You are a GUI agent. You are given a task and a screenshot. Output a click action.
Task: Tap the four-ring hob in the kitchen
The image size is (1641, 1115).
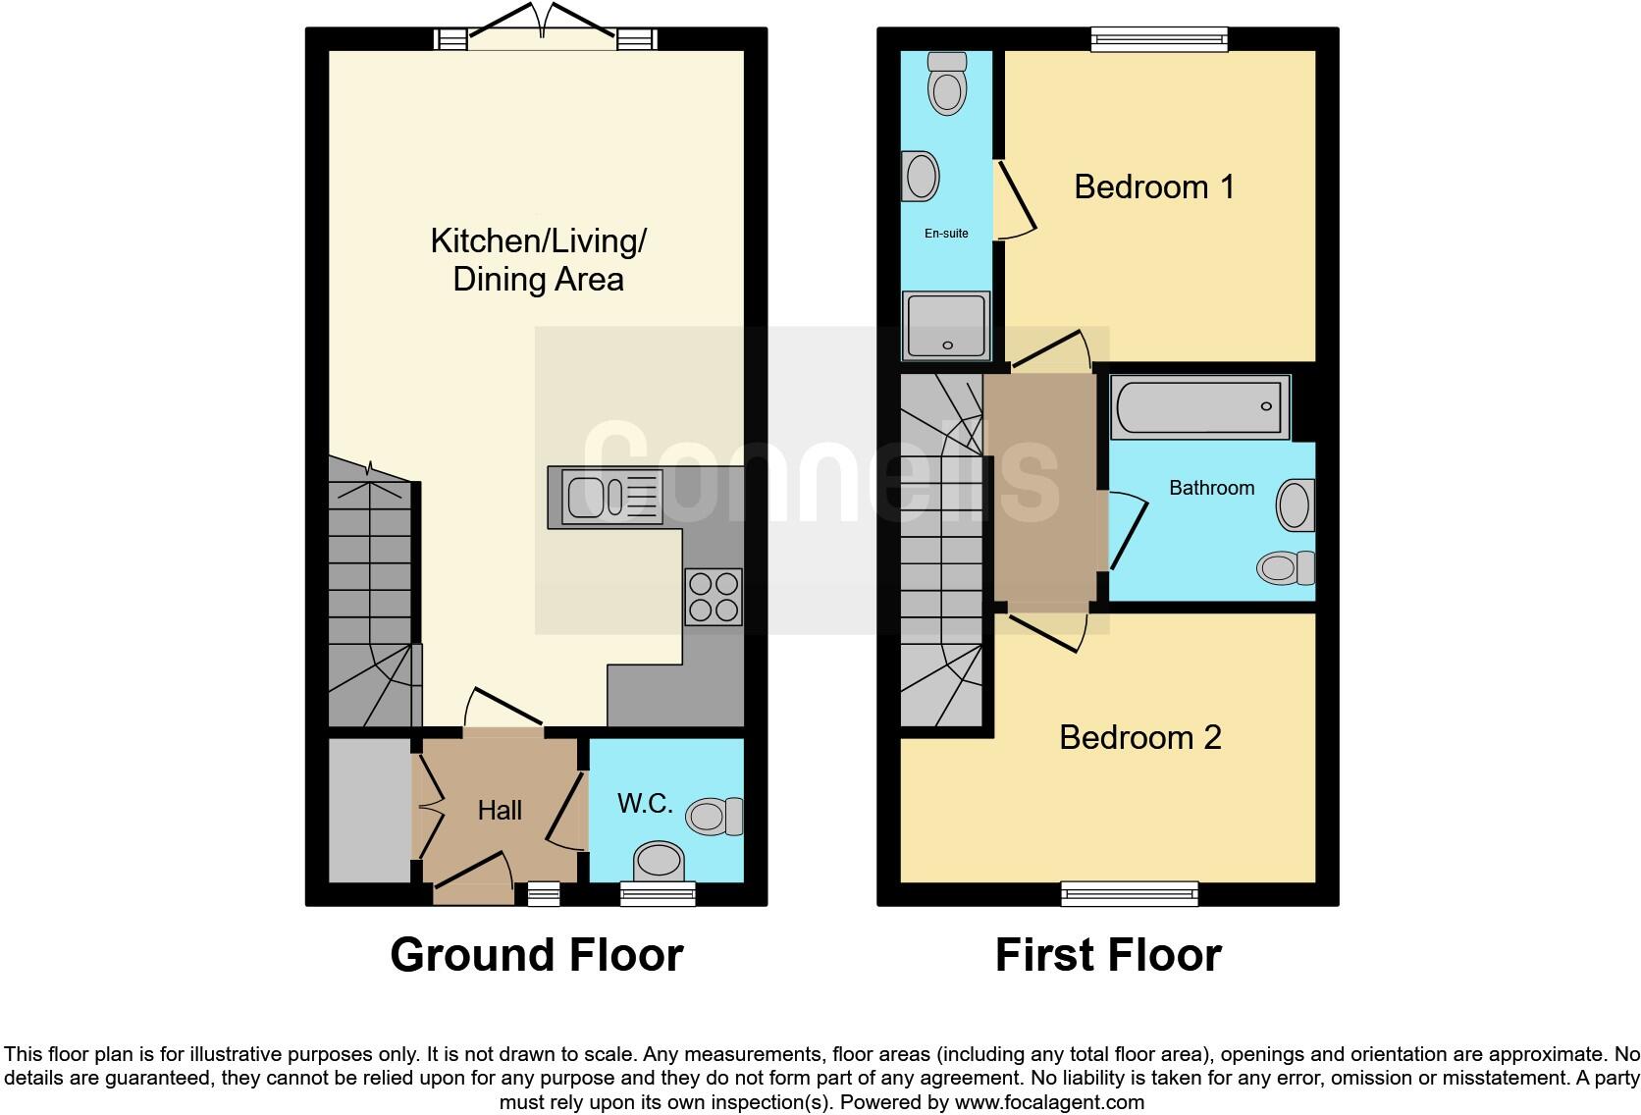(714, 597)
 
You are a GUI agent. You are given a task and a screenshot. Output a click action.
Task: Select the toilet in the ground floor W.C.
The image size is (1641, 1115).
(715, 816)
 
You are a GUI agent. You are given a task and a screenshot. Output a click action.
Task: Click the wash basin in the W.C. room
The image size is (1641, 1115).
(659, 862)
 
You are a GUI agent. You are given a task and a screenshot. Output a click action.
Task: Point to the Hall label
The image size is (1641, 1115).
(500, 811)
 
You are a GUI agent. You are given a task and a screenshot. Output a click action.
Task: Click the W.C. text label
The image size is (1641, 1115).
(645, 804)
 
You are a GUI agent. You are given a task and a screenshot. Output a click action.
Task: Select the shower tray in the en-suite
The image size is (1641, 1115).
(947, 325)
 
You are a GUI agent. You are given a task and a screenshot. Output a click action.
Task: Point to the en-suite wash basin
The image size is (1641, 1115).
(920, 177)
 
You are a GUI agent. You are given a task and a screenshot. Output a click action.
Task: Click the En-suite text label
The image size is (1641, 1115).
(946, 234)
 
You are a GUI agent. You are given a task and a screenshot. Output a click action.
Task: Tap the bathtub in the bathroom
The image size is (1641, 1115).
(1199, 406)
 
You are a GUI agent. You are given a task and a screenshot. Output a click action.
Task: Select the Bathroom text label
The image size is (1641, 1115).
(1211, 488)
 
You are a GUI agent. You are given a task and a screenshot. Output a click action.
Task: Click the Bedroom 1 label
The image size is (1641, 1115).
(1154, 186)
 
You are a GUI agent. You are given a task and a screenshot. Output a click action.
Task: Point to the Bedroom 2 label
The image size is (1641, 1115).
(1139, 737)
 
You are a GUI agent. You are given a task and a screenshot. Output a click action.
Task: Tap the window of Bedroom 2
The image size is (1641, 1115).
(1130, 892)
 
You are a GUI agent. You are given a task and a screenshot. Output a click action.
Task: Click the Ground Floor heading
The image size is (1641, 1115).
(536, 955)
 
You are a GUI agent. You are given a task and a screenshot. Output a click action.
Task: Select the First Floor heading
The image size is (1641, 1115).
(1107, 955)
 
